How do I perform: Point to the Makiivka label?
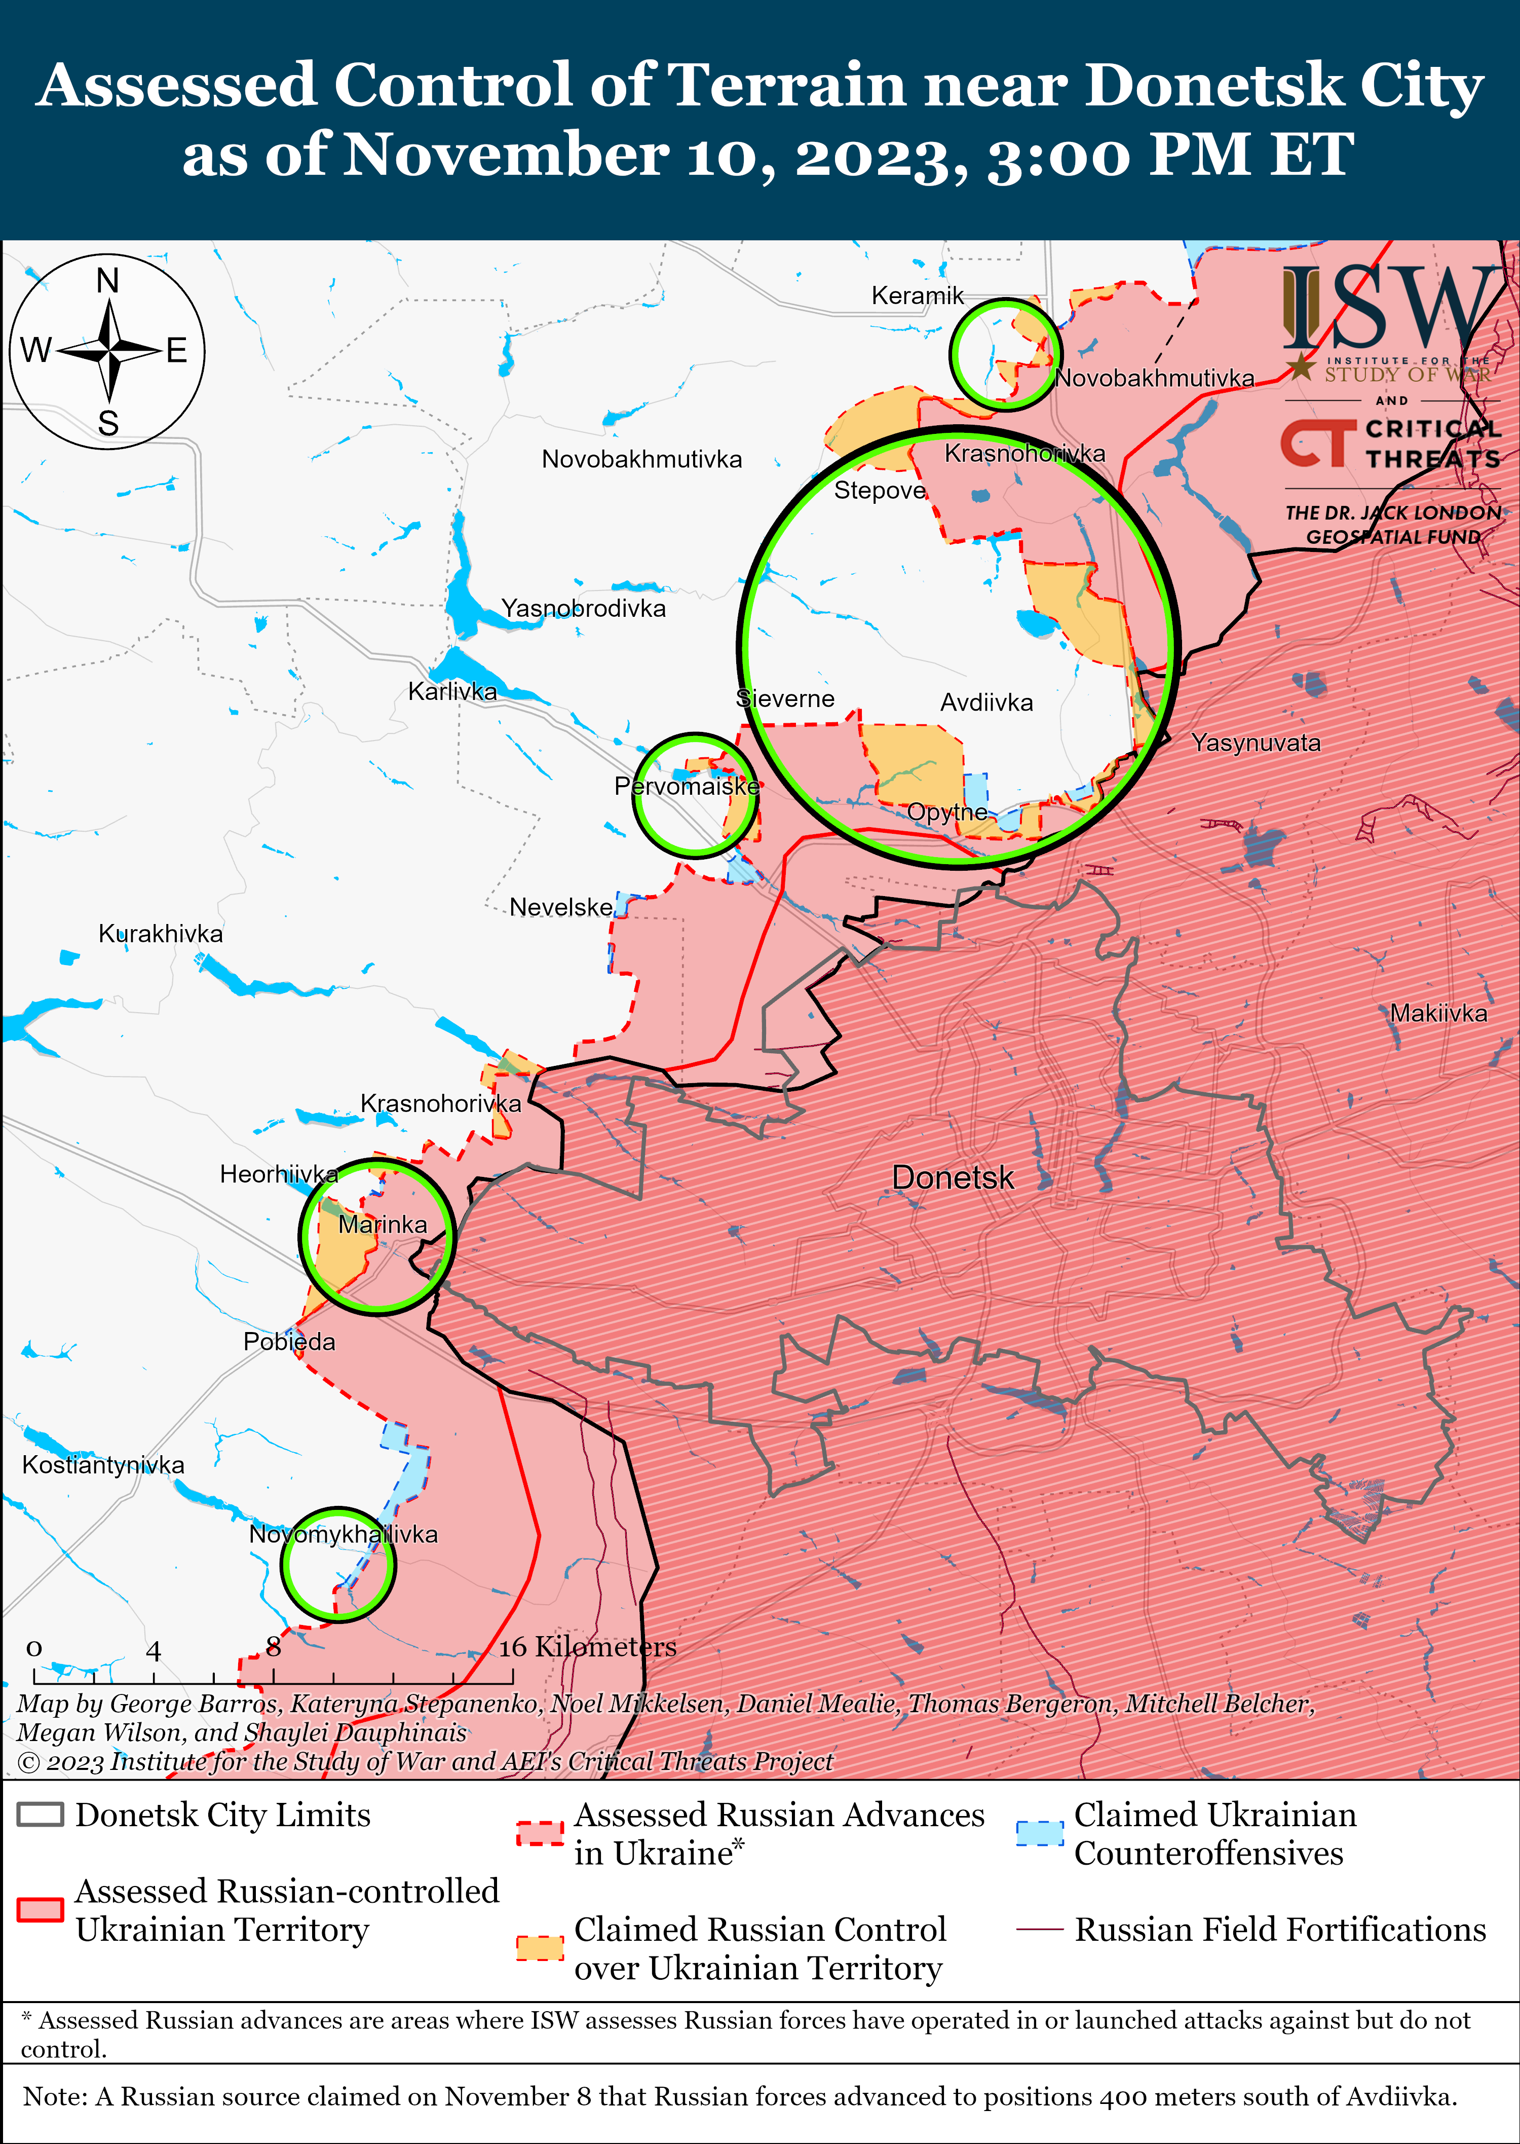coord(1437,1013)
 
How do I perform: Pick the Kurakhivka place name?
coord(161,934)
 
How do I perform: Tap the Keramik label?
coord(917,296)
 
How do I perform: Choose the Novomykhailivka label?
coord(344,1534)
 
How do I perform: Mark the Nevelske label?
coord(561,907)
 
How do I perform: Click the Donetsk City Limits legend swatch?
coord(40,1815)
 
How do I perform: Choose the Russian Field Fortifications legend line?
coord(1040,1930)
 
